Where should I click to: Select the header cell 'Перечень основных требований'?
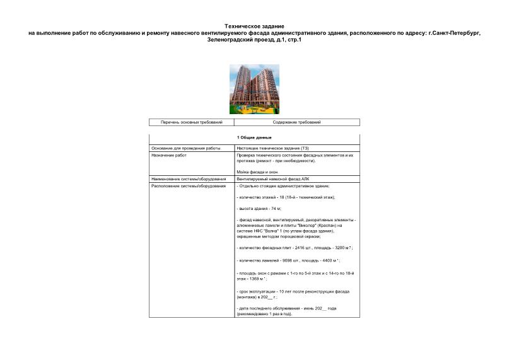(x=192, y=122)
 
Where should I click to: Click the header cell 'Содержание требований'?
(x=296, y=122)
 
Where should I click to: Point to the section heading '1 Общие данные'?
(x=254, y=137)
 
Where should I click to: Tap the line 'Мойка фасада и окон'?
(x=257, y=172)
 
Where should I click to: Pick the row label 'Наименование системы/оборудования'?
(x=189, y=179)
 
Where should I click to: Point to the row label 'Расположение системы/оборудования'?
(x=189, y=186)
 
